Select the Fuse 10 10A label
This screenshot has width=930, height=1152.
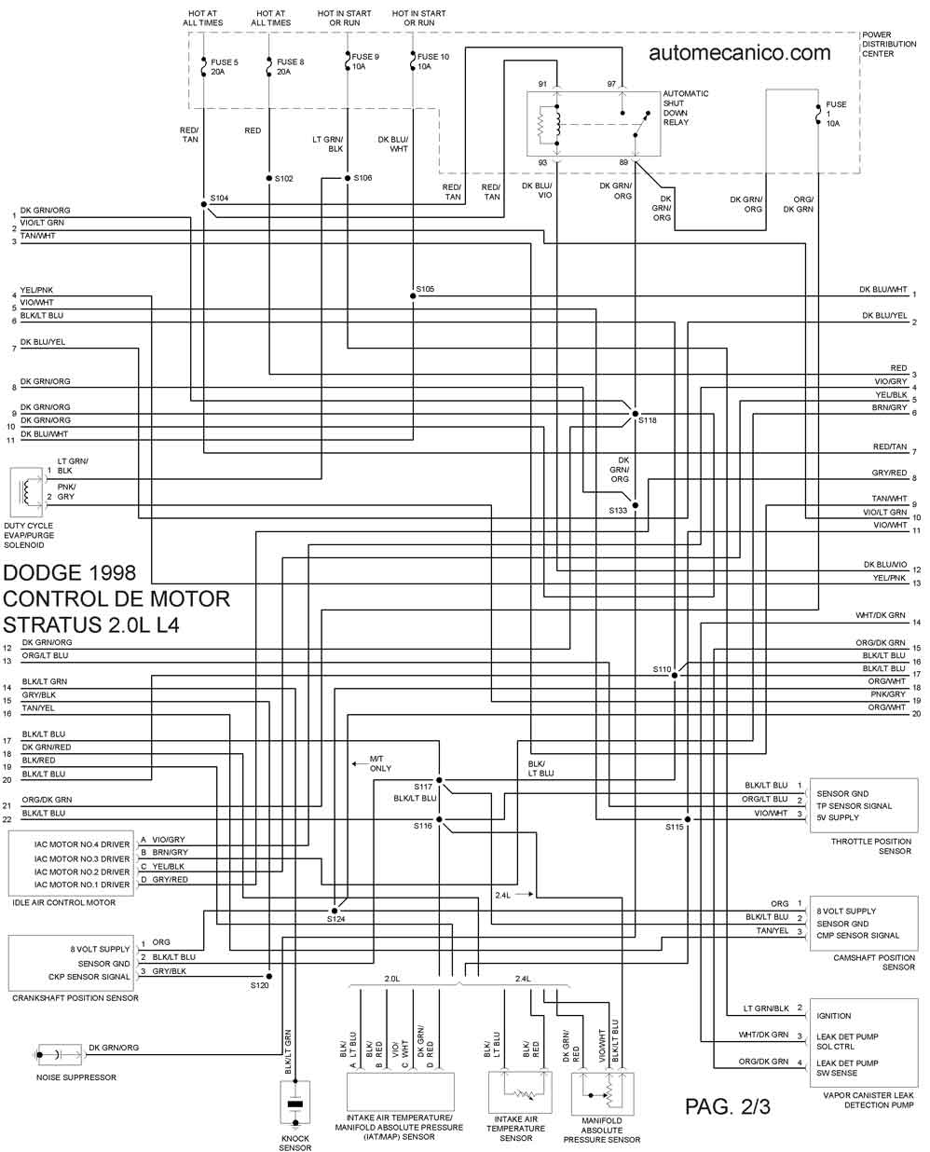432,62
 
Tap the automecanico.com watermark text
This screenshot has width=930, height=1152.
739,53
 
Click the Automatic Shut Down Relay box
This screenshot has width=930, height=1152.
594,122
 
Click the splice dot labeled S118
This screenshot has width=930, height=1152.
636,413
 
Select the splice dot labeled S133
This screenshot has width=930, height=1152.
636,506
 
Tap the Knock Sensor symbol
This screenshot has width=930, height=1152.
295,1104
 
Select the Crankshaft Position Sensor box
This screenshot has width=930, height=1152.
71,963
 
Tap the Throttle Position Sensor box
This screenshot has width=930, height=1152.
863,805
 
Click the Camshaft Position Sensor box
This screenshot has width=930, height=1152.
863,923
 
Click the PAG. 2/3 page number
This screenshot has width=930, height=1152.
727,1106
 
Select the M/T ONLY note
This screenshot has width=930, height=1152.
380,763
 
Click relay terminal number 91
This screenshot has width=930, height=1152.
542,85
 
